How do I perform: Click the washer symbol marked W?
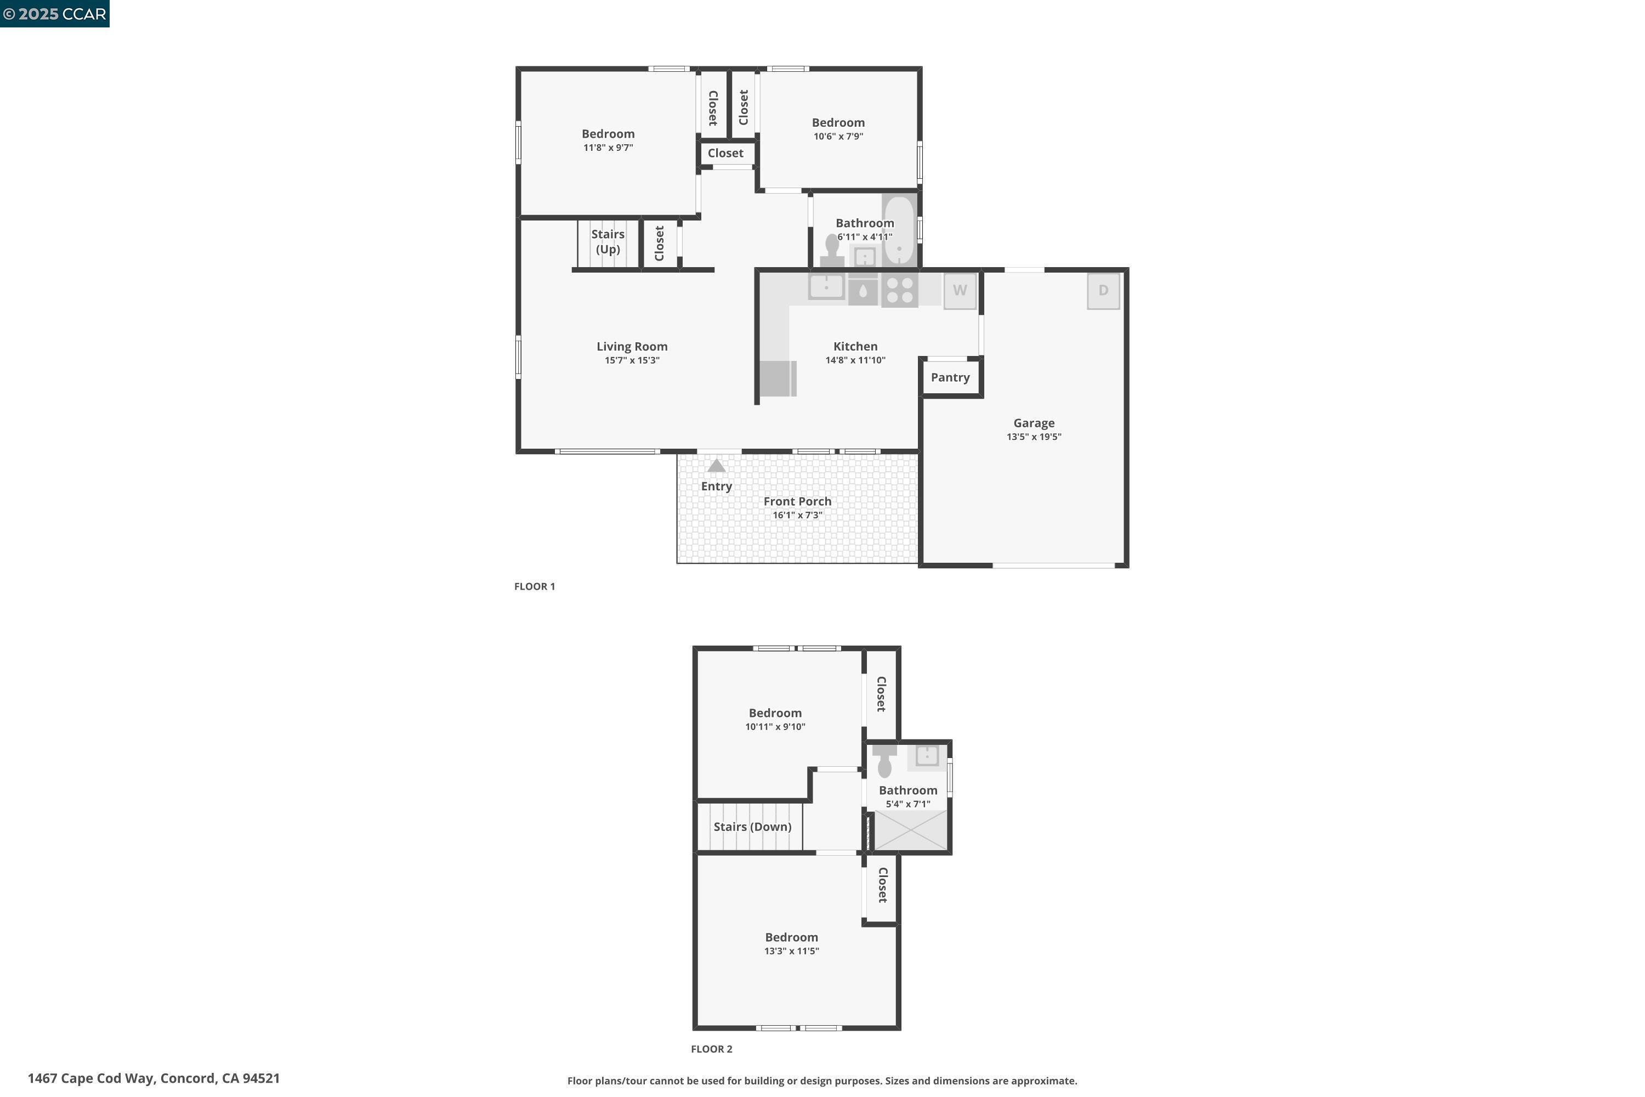(x=960, y=290)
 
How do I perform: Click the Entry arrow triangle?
(x=716, y=466)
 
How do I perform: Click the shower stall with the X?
(x=911, y=830)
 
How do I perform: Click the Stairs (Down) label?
(x=752, y=827)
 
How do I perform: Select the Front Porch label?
(x=797, y=502)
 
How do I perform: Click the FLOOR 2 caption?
(x=711, y=1049)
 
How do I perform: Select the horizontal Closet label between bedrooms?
(x=725, y=153)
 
